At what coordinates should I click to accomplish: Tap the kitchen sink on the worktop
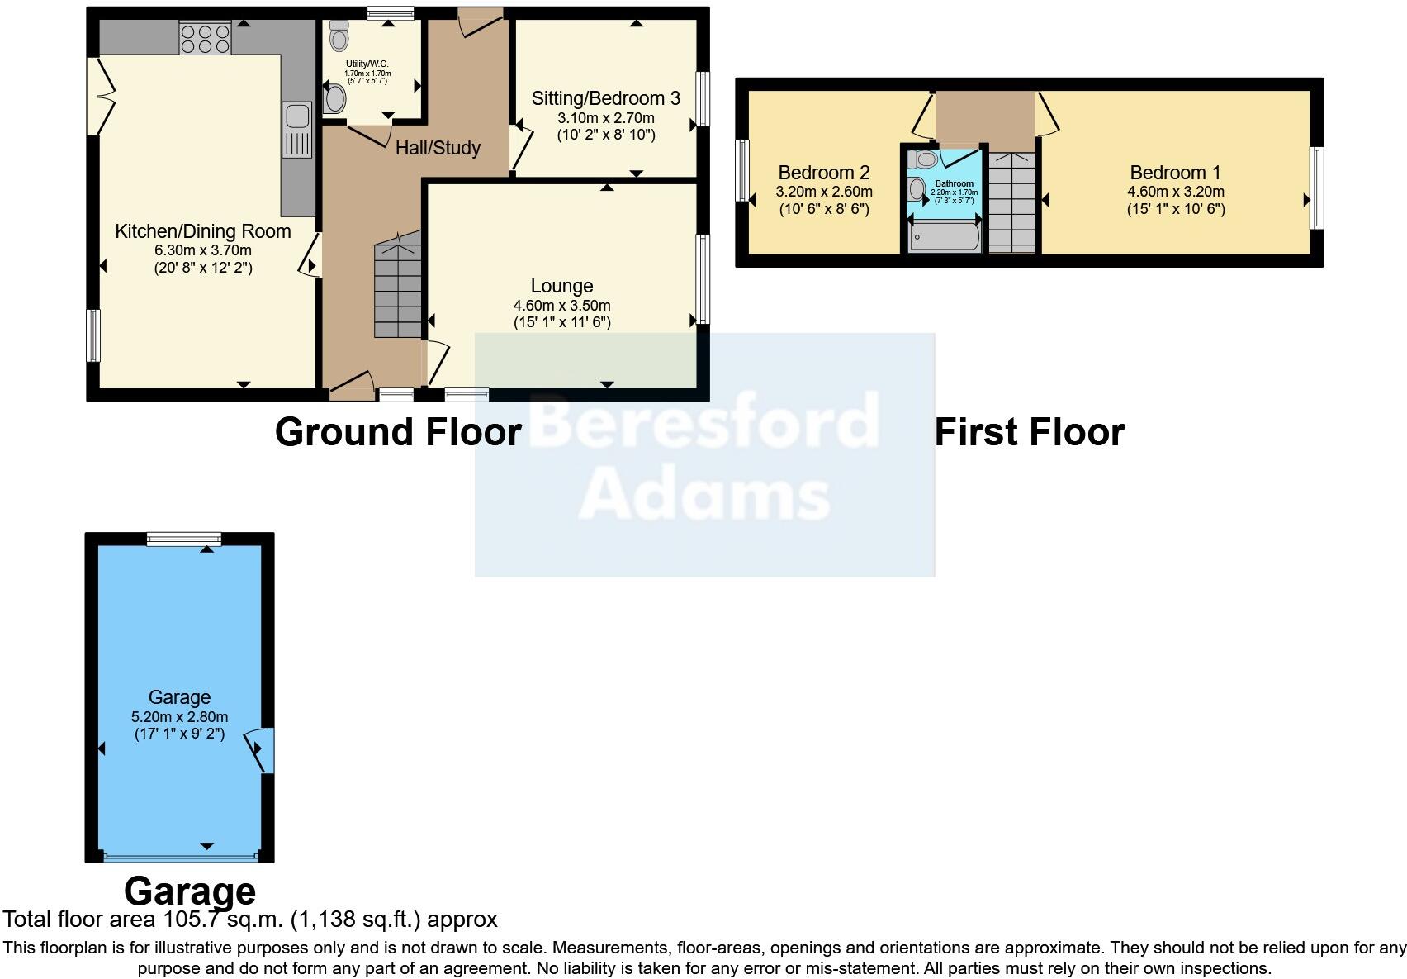296,129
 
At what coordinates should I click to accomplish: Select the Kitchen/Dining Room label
202,231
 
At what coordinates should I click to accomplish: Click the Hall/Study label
438,148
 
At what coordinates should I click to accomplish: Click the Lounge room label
561,286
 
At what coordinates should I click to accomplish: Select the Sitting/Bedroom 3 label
605,98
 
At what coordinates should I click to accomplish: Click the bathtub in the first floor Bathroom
944,236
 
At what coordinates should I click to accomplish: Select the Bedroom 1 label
1174,173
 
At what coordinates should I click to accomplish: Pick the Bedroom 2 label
823,173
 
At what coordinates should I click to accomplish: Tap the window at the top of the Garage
184,539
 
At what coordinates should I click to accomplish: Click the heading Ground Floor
398,432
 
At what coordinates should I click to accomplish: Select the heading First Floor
1029,432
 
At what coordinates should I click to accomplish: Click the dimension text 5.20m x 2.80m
179,716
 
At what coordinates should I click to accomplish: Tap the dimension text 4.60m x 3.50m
561,305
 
